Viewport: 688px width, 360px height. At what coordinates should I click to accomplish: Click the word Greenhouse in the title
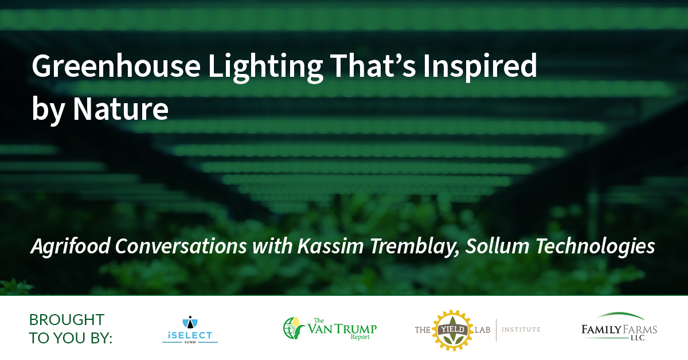(116, 65)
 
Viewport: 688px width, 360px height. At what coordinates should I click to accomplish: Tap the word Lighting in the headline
(265, 68)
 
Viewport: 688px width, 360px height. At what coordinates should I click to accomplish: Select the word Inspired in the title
(480, 66)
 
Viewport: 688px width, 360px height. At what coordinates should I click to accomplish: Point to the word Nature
(120, 109)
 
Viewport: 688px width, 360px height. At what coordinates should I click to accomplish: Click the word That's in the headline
(373, 65)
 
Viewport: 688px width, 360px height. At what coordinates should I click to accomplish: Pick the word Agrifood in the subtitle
(71, 246)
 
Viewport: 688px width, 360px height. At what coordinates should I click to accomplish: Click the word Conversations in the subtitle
(181, 246)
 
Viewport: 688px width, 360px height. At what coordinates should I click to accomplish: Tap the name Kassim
(330, 246)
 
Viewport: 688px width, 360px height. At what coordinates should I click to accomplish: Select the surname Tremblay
(415, 247)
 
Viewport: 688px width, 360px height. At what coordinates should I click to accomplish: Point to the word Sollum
(497, 246)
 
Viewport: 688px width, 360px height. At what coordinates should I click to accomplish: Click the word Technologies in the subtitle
(595, 247)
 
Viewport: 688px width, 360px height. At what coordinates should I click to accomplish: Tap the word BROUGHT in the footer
(67, 320)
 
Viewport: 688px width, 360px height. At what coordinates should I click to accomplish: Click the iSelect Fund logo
(190, 330)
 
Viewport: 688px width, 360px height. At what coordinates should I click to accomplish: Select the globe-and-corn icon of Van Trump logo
(294, 328)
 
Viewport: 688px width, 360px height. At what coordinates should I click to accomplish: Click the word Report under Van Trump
(360, 337)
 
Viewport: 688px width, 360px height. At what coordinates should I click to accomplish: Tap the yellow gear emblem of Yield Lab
(453, 331)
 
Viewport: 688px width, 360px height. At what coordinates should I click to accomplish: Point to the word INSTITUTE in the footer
(521, 330)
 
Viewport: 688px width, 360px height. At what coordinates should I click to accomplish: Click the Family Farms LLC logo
(619, 327)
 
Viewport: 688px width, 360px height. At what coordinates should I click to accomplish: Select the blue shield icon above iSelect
(190, 322)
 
